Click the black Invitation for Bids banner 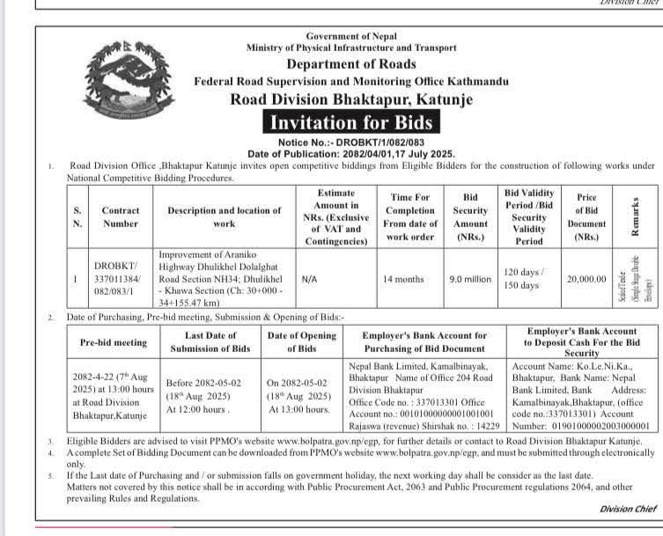[350, 123]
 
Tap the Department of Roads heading [350, 63]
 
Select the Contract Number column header [121, 217]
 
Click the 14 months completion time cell [403, 279]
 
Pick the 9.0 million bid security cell [470, 279]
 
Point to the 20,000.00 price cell [586, 279]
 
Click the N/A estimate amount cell [309, 279]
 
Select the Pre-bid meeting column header [113, 342]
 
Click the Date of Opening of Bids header [301, 341]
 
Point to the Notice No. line [350, 142]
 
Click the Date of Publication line [350, 153]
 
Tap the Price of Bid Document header [586, 217]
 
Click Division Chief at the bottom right [627, 509]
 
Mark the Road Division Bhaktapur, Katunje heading [350, 99]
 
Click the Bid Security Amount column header [470, 217]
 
